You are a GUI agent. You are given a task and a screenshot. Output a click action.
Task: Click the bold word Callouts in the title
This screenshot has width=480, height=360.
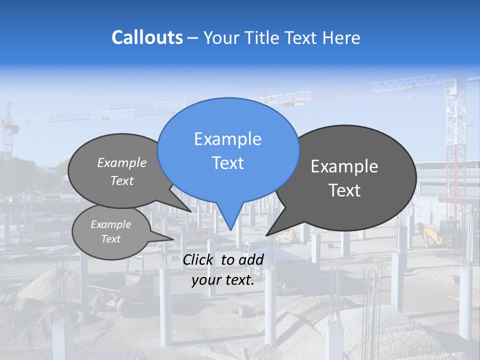click(147, 37)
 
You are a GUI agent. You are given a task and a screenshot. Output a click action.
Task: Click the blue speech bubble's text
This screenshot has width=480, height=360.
click(227, 151)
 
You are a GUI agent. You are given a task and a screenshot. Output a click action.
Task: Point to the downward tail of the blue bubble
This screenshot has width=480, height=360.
click(229, 218)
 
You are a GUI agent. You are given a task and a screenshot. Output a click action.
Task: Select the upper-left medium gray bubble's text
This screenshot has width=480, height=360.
click(122, 171)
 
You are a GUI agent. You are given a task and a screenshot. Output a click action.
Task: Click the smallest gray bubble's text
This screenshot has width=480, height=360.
click(110, 231)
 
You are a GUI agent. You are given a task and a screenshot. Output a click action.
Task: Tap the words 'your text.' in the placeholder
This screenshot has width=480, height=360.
click(223, 280)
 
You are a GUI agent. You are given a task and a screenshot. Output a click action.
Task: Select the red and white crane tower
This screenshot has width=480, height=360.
click(455, 150)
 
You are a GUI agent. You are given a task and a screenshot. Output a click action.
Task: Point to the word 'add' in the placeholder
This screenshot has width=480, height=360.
click(251, 259)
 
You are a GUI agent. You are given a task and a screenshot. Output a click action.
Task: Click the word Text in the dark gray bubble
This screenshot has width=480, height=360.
click(344, 190)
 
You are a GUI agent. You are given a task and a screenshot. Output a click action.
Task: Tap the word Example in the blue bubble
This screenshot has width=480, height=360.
click(227, 139)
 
